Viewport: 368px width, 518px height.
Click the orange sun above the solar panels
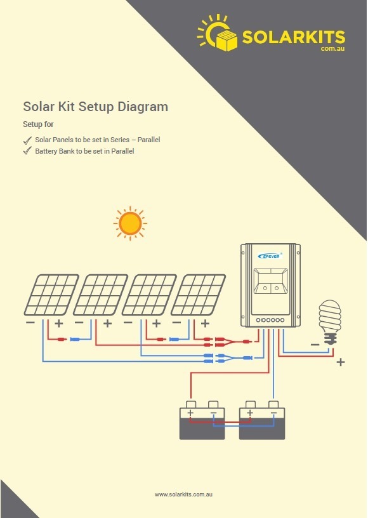[x=130, y=223]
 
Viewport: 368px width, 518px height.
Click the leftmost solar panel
[x=51, y=295]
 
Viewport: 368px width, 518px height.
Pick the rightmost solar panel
[x=198, y=295]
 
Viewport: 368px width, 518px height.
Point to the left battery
[x=202, y=420]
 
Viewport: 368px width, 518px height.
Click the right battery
[x=262, y=420]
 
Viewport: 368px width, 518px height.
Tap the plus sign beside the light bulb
[x=341, y=362]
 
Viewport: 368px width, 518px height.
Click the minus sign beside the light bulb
[x=315, y=345]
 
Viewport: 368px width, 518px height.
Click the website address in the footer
[x=183, y=495]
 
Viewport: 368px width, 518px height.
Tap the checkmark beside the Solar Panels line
[x=27, y=140]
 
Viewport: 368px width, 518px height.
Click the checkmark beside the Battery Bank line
[x=27, y=151]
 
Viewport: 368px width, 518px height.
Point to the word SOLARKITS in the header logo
[x=294, y=37]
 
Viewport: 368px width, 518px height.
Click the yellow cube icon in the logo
[x=227, y=40]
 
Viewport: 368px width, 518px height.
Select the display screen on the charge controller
[x=270, y=281]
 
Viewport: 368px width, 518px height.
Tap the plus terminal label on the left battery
[x=190, y=413]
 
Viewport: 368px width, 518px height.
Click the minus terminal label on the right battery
[x=273, y=413]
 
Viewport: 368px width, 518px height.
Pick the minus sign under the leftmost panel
[x=30, y=322]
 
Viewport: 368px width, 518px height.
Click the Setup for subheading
[x=38, y=124]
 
